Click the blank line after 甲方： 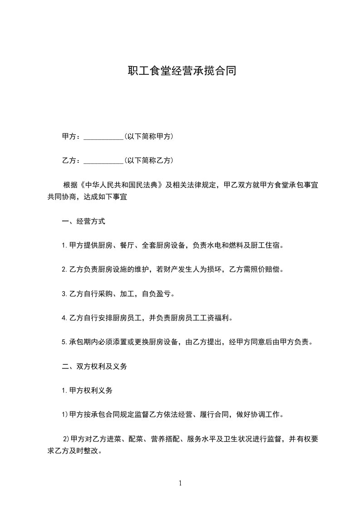tap(104, 137)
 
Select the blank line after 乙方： tap(104, 161)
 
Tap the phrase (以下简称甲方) tap(148, 136)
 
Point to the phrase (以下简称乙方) tap(148, 160)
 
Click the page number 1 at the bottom tap(180, 484)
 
